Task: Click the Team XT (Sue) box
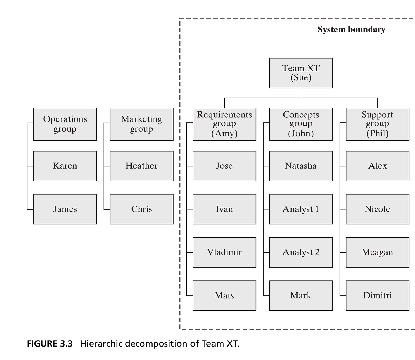pyautogui.click(x=301, y=73)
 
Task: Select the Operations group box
pyautogui.click(x=65, y=124)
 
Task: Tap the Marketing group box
pyautogui.click(x=142, y=124)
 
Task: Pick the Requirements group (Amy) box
pyautogui.click(x=224, y=124)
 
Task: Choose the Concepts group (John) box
pyautogui.click(x=301, y=124)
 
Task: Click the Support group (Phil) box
pyautogui.click(x=377, y=124)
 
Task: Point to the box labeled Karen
pyautogui.click(x=65, y=166)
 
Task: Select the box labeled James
pyautogui.click(x=65, y=209)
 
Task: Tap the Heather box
pyautogui.click(x=142, y=166)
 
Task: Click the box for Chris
pyautogui.click(x=142, y=209)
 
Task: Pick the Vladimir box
pyautogui.click(x=224, y=252)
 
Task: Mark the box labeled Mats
pyautogui.click(x=224, y=295)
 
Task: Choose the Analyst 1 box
pyautogui.click(x=301, y=209)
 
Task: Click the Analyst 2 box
pyautogui.click(x=301, y=252)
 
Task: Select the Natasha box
pyautogui.click(x=301, y=166)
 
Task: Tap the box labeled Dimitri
pyautogui.click(x=377, y=295)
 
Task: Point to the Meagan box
pyautogui.click(x=377, y=252)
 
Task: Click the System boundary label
pyautogui.click(x=351, y=30)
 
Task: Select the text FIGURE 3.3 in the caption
pyautogui.click(x=50, y=344)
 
